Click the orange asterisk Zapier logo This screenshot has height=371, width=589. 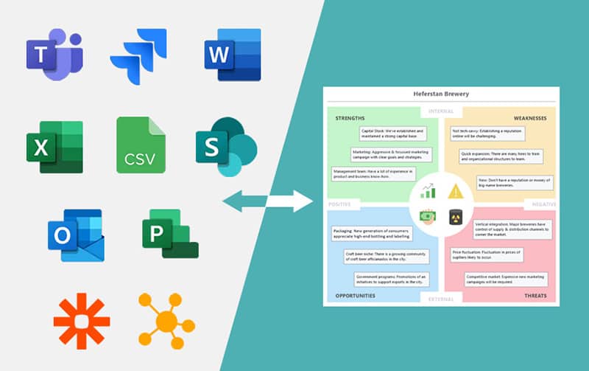(82, 321)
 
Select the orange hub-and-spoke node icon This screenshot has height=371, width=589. (167, 322)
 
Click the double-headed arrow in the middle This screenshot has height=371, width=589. (267, 201)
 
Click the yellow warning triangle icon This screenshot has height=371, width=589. (456, 192)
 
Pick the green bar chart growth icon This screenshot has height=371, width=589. (428, 192)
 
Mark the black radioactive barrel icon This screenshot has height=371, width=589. (455, 216)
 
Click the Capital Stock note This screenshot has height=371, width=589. (395, 134)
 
